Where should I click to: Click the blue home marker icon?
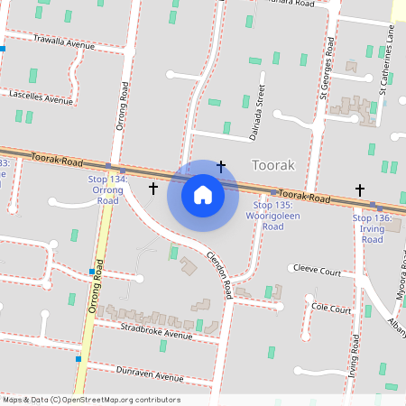click(203, 195)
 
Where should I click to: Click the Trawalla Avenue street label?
click(63, 42)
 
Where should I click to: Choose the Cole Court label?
click(330, 309)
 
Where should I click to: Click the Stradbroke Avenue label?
click(157, 330)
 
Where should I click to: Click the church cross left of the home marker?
click(152, 189)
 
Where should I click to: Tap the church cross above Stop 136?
click(360, 189)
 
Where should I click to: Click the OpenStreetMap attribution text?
click(91, 400)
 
